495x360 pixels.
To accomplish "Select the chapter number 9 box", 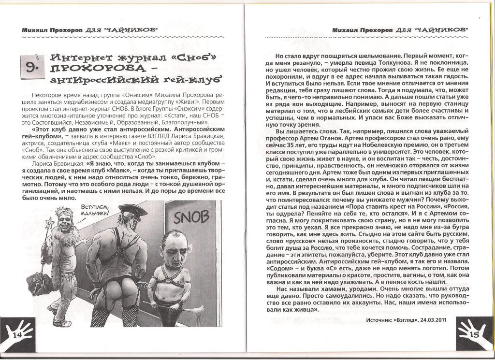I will (30, 68).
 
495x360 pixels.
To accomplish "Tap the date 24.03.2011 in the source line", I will (433, 320).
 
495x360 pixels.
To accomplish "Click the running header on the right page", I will (401, 29).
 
